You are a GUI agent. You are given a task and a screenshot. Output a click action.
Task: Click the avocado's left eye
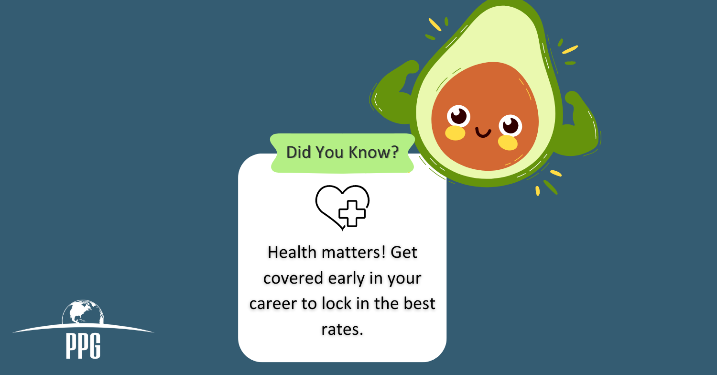(x=458, y=116)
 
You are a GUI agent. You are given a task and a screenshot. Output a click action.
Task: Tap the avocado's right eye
(x=510, y=125)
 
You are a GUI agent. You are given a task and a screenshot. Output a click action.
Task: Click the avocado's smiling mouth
(x=483, y=132)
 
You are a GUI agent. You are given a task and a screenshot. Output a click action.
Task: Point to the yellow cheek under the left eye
(x=455, y=133)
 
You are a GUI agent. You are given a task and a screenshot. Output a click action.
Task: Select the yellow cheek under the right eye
(x=508, y=143)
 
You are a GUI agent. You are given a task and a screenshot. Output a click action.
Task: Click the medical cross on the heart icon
(x=352, y=214)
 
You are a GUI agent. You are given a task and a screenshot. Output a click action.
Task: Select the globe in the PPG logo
(x=83, y=312)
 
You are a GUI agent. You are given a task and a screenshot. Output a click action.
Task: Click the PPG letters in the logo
(x=83, y=346)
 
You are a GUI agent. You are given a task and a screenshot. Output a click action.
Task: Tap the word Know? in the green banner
(x=373, y=153)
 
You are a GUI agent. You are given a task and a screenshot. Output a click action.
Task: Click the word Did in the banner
(x=299, y=153)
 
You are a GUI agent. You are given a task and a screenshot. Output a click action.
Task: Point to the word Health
(x=292, y=253)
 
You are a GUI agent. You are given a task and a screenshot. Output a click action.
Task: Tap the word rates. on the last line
(x=342, y=329)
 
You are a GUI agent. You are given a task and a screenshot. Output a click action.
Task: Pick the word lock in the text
(x=337, y=303)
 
